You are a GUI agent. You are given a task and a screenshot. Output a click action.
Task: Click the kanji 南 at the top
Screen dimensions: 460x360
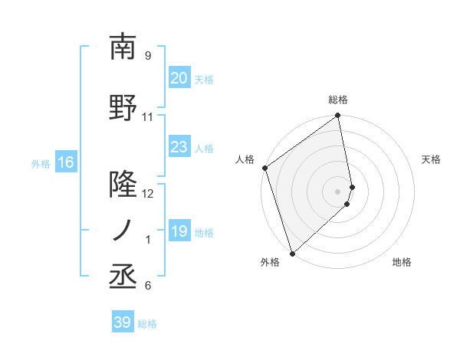pos(122,47)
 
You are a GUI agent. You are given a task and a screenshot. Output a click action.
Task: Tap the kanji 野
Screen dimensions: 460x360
pos(122,109)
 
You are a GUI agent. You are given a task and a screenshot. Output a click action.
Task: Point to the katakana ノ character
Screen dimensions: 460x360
pos(122,231)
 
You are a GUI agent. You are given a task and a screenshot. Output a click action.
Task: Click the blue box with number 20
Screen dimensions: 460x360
pos(179,78)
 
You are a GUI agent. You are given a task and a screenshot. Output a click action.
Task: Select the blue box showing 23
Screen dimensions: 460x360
pos(179,147)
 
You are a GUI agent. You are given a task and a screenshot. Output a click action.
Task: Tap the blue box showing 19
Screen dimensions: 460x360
pos(179,231)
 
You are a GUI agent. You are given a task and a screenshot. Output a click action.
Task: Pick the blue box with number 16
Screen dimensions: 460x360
pos(65,162)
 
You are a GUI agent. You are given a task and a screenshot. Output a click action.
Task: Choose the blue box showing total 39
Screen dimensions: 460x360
pos(122,322)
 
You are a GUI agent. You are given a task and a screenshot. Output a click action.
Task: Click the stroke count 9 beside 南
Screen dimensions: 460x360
pos(147,56)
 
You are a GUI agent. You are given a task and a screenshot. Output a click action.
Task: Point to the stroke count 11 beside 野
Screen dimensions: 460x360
pos(148,117)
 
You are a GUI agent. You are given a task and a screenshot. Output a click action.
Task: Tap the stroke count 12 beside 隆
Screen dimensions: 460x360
pos(148,194)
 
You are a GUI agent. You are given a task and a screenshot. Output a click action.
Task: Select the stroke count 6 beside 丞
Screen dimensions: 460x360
pos(147,286)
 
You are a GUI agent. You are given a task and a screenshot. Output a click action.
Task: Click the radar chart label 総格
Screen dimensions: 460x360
pos(338,100)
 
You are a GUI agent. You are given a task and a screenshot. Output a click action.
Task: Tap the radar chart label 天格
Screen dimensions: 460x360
pos(432,159)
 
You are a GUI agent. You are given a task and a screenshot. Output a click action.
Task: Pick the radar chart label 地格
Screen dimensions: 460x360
pos(402,262)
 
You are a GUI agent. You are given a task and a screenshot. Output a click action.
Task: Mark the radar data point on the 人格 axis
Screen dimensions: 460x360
pos(264,168)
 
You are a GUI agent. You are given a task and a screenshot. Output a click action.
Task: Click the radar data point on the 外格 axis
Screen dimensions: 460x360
pos(291,253)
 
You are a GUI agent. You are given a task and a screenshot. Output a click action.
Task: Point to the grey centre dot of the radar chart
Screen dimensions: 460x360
pos(338,191)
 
